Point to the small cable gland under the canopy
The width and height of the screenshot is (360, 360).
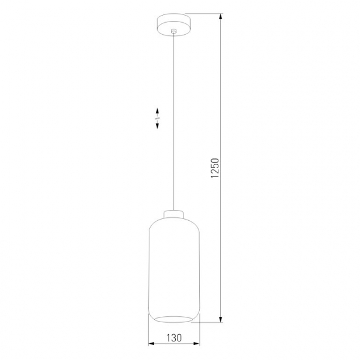coord(175,31)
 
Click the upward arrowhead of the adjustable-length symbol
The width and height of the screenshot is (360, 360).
coord(157,111)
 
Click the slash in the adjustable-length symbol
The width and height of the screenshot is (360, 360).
coord(157,119)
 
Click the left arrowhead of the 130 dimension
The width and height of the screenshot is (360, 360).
coord(151,344)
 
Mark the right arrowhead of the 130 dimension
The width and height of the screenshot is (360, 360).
coord(197,344)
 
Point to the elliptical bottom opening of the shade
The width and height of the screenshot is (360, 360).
coord(175,317)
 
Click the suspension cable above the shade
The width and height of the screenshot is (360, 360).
coord(175,120)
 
